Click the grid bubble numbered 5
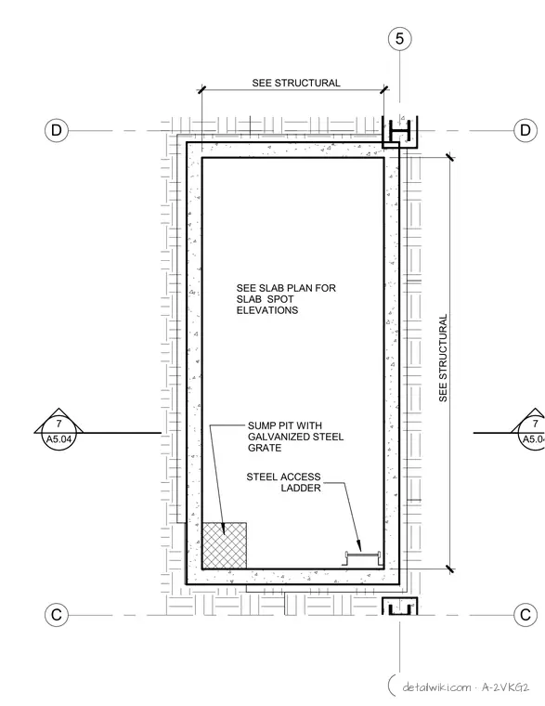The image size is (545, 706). (x=399, y=39)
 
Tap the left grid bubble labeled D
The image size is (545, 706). (x=57, y=131)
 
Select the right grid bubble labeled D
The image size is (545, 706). (x=526, y=131)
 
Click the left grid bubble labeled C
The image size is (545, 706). (x=57, y=615)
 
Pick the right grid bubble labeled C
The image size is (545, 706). (x=526, y=615)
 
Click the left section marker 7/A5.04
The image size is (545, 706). (x=58, y=428)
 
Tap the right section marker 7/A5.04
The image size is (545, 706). (x=534, y=428)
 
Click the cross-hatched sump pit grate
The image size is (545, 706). (x=224, y=545)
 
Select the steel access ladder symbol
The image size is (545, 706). (x=363, y=558)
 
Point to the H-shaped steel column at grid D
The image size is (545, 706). (x=399, y=132)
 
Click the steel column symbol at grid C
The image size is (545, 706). (x=399, y=607)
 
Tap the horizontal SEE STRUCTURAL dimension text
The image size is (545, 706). (x=296, y=83)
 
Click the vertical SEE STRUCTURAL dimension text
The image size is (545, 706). (x=443, y=358)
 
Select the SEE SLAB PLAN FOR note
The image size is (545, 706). (x=286, y=288)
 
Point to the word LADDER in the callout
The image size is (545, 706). (x=301, y=488)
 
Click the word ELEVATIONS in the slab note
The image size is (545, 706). (x=267, y=310)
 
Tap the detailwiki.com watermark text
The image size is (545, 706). (x=466, y=687)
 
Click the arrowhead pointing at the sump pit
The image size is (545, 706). (x=224, y=529)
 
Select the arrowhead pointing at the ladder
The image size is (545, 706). (x=359, y=545)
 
